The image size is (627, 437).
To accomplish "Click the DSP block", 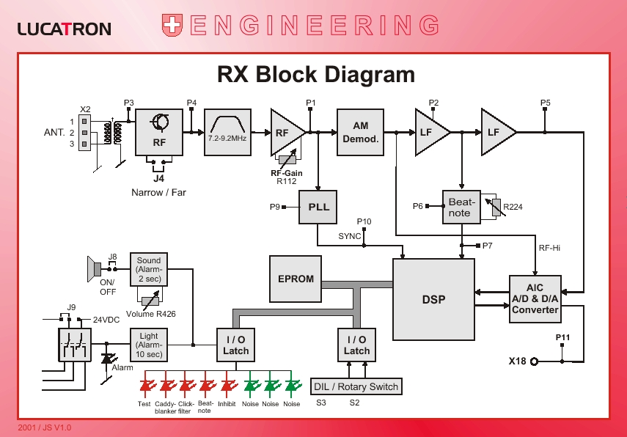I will (x=433, y=298).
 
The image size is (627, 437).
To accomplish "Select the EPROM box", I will (x=296, y=279).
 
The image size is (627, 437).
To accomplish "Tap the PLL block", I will (x=318, y=207).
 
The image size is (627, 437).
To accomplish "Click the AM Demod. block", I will (x=361, y=133).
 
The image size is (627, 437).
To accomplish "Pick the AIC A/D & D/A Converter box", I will (x=535, y=298).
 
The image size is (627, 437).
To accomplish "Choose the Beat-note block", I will (x=461, y=208).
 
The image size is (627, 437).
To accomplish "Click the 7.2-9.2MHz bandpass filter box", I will (x=227, y=132).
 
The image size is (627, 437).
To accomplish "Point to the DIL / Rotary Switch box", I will (x=356, y=386).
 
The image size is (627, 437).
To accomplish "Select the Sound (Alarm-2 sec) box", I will (x=149, y=270).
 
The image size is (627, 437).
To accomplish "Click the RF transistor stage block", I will (x=159, y=133).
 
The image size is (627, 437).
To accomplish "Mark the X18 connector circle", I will (x=535, y=361).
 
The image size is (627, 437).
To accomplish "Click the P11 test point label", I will (x=562, y=337).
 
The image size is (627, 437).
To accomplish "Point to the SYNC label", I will (x=350, y=236).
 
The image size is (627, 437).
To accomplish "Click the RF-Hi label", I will (x=549, y=248).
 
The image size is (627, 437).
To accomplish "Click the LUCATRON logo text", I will (x=64, y=29).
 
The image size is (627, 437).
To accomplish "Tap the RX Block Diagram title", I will (x=316, y=75).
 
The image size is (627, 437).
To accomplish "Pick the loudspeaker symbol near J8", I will (x=92, y=269).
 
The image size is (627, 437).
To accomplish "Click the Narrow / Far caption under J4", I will (x=158, y=193).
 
